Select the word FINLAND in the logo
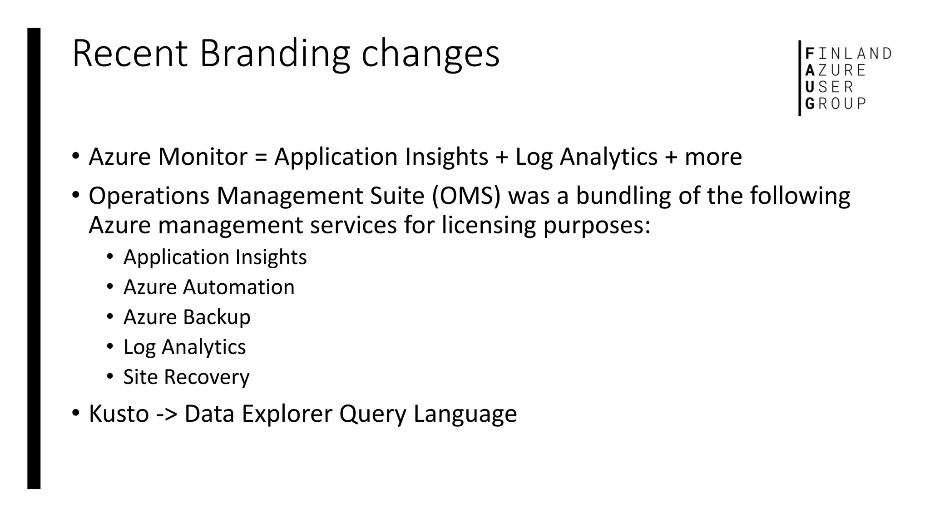[x=848, y=54]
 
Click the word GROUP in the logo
[x=836, y=104]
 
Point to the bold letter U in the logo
[x=809, y=87]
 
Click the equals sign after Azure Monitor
[x=261, y=157]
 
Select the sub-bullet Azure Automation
[x=209, y=287]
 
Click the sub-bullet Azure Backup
[x=187, y=317]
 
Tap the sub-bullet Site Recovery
[x=186, y=377]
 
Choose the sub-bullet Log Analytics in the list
[x=184, y=347]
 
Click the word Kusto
[x=119, y=414]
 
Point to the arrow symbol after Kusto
[x=166, y=414]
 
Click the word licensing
[x=489, y=226]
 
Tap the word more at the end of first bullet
[x=713, y=157]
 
